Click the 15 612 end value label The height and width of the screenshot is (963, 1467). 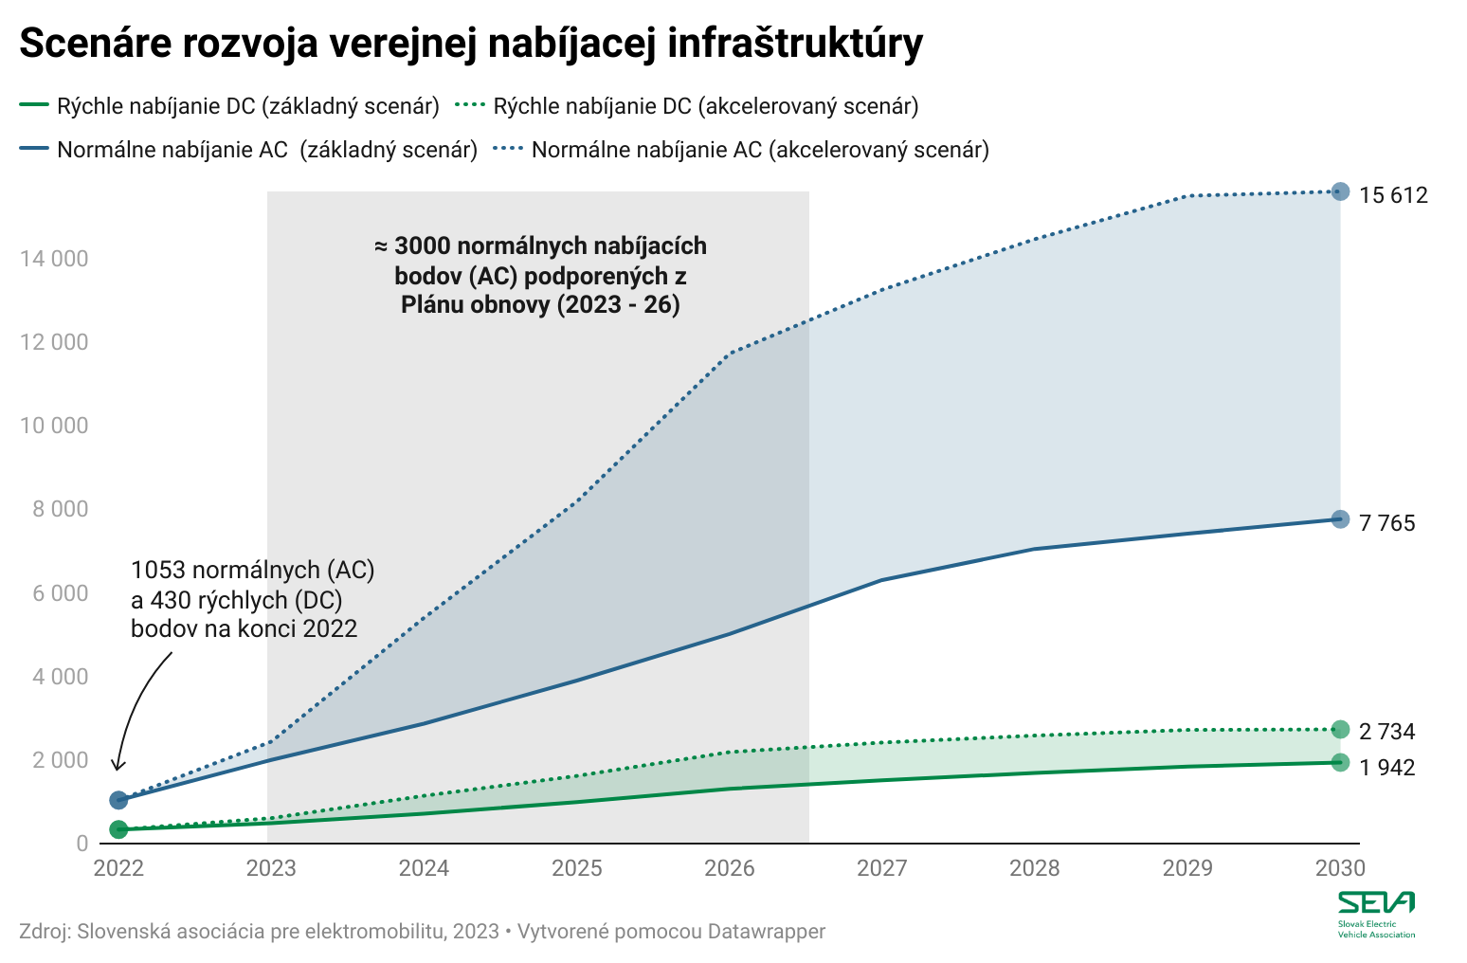1393,195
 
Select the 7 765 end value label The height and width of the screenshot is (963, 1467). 1386,522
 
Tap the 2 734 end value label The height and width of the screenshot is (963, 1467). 1386,732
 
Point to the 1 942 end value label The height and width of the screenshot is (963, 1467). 1386,767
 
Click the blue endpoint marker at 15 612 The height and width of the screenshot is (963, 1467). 1340,191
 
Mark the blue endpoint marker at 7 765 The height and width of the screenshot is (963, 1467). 1340,519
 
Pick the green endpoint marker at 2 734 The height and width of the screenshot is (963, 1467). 1340,729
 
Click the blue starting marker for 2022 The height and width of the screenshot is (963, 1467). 118,800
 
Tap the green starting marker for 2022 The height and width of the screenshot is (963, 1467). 118,829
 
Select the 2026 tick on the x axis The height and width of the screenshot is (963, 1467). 730,868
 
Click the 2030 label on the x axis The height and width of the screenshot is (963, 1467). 1340,868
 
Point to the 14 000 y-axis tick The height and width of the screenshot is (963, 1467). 54,259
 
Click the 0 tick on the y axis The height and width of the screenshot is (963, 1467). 82,844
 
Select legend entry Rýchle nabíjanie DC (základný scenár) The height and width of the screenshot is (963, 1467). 248,106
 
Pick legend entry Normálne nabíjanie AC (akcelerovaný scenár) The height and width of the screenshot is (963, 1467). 760,150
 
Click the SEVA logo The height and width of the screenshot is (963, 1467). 1376,914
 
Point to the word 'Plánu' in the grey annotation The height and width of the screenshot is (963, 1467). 432,305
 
